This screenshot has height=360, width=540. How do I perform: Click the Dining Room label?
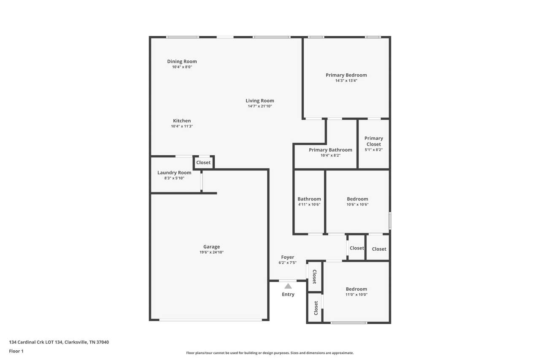click(x=182, y=62)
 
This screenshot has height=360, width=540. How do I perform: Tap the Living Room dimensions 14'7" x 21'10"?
click(x=260, y=106)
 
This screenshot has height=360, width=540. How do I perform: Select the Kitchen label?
click(x=182, y=121)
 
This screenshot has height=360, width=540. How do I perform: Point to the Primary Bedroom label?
click(x=346, y=75)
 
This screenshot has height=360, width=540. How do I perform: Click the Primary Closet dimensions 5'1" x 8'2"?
click(x=374, y=150)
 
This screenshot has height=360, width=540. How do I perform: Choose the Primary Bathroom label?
click(x=330, y=150)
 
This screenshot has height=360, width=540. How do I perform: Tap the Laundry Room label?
click(x=174, y=173)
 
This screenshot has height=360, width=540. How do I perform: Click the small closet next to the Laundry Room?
click(x=203, y=162)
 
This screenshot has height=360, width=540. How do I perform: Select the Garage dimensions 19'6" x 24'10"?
click(x=211, y=252)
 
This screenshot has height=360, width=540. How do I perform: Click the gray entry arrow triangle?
click(x=288, y=286)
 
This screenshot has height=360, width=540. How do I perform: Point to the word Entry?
click(x=288, y=295)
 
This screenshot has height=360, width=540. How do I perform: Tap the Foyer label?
click(x=288, y=257)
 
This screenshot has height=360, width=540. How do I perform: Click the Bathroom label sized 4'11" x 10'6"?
click(x=309, y=199)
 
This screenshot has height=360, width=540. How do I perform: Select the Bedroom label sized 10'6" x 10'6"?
click(x=357, y=199)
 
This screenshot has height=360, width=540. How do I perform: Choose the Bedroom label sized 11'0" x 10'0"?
click(x=356, y=289)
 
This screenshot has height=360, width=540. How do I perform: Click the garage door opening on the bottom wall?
click(x=211, y=320)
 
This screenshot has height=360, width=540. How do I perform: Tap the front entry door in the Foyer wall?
click(x=288, y=281)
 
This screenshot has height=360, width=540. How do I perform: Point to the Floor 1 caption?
click(x=16, y=351)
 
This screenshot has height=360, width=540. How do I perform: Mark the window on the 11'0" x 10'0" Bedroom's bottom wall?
click(x=349, y=322)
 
